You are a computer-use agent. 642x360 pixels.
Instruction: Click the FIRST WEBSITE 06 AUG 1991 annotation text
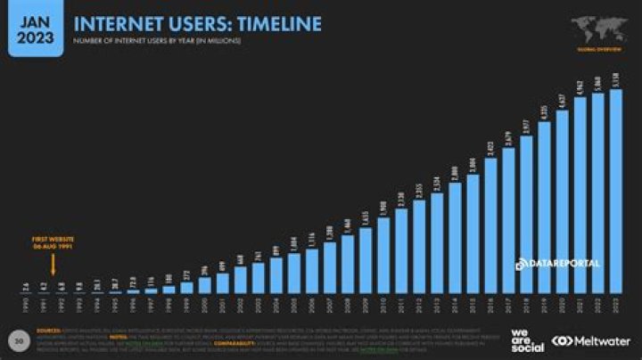tap(53, 243)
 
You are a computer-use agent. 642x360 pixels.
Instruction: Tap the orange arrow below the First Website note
tap(53, 264)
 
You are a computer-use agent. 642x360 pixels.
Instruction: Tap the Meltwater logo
tap(591, 340)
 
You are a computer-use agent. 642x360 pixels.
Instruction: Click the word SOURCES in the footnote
tap(50, 330)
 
